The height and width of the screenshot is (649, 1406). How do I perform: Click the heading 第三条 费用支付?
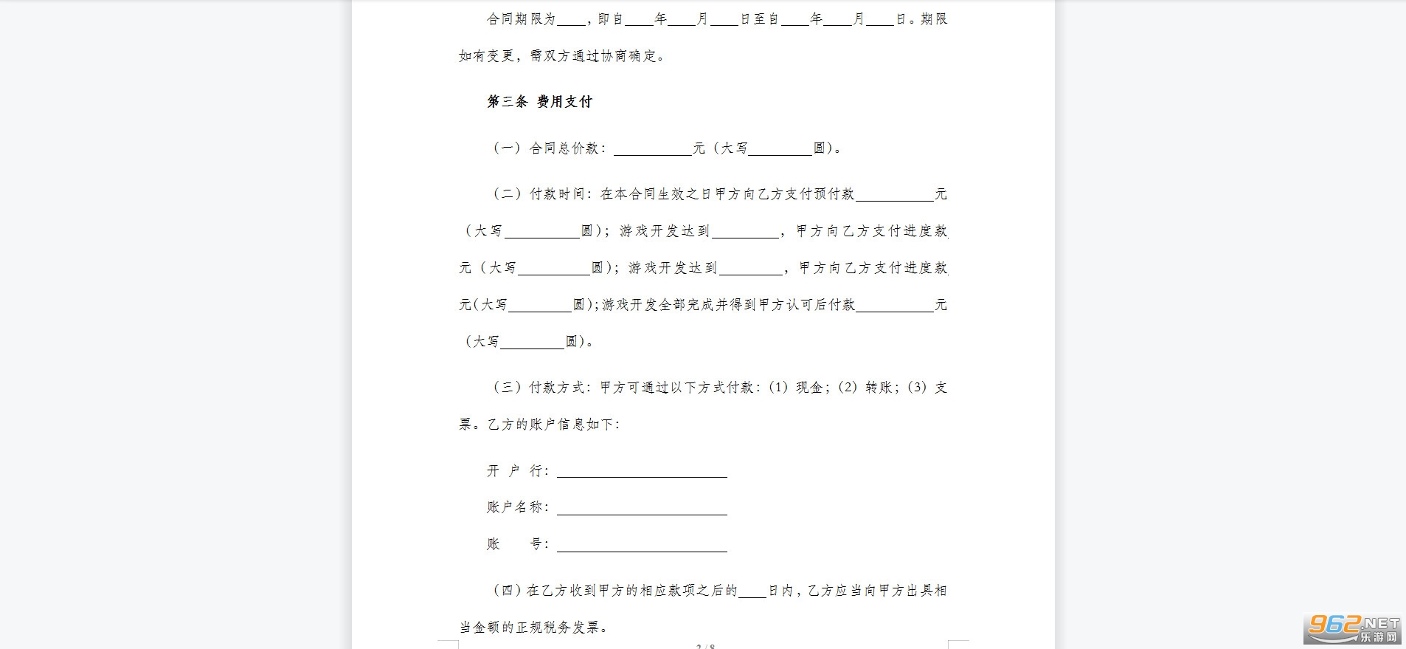pos(539,102)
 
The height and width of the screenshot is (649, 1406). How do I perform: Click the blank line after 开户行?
pos(642,471)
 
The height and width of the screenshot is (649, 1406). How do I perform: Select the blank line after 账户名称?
pos(642,508)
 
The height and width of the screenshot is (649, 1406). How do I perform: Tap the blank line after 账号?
pos(642,545)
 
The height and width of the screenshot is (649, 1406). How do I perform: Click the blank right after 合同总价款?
pos(653,149)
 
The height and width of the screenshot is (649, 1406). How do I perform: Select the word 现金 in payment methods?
pos(809,388)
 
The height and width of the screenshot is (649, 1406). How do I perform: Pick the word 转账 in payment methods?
pos(878,388)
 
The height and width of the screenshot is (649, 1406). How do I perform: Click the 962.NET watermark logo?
pos(1354,628)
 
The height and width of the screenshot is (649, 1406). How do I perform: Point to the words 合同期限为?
pos(521,19)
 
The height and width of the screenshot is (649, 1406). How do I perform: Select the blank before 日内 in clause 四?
pos(752,591)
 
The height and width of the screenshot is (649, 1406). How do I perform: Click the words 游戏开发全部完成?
pos(651,305)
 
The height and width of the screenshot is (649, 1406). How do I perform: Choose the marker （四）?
pos(507,591)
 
